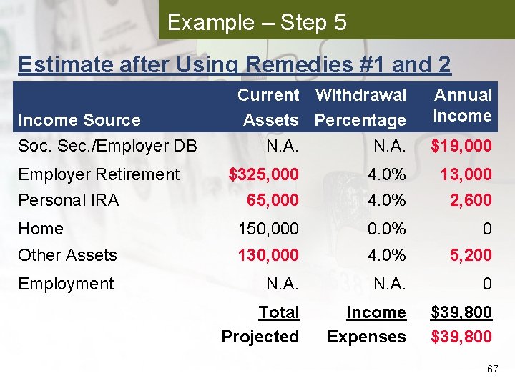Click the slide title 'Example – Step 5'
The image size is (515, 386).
pyautogui.click(x=257, y=22)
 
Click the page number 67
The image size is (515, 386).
pyautogui.click(x=492, y=370)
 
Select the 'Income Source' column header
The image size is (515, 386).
pyautogui.click(x=79, y=120)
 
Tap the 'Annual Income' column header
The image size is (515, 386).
pyautogui.click(x=463, y=106)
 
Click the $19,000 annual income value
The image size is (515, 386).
pyautogui.click(x=461, y=147)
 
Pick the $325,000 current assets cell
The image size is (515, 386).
pyautogui.click(x=263, y=174)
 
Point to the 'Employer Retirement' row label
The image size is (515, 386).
pyautogui.click(x=99, y=174)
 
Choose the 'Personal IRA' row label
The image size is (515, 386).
pyautogui.click(x=69, y=200)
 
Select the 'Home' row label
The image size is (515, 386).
pyautogui.click(x=41, y=229)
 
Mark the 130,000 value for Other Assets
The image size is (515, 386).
pyautogui.click(x=268, y=255)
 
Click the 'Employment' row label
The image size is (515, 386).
pyautogui.click(x=66, y=284)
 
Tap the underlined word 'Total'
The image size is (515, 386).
pyautogui.click(x=278, y=312)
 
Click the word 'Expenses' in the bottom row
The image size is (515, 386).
pyautogui.click(x=366, y=337)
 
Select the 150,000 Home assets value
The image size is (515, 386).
pyautogui.click(x=268, y=229)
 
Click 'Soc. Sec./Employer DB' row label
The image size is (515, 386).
pyautogui.click(x=107, y=147)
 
